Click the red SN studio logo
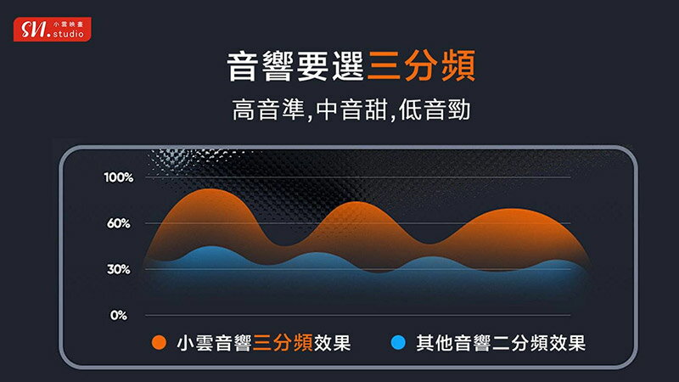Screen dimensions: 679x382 click(53, 30)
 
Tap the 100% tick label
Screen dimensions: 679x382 click(119, 177)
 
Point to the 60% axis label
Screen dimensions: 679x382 click(119, 223)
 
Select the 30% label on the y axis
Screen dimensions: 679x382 click(119, 269)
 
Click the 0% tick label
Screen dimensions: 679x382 click(119, 315)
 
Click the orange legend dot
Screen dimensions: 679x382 click(159, 343)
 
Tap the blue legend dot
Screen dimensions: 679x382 click(398, 343)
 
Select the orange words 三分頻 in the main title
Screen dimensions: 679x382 click(421, 66)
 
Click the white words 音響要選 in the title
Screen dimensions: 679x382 click(296, 66)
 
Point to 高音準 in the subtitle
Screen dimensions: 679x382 click(268, 110)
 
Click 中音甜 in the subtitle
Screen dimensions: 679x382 click(351, 110)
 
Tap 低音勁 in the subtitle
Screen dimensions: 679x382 click(435, 110)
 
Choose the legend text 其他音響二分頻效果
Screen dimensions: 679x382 click(501, 343)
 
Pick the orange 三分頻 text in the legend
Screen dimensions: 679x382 click(283, 343)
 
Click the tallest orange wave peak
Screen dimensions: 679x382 click(210, 189)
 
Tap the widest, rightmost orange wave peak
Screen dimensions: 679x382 click(511, 210)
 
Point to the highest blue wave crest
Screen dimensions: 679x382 click(210, 247)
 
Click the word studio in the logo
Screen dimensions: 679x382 click(69, 34)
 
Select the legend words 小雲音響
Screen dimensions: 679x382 click(215, 343)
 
